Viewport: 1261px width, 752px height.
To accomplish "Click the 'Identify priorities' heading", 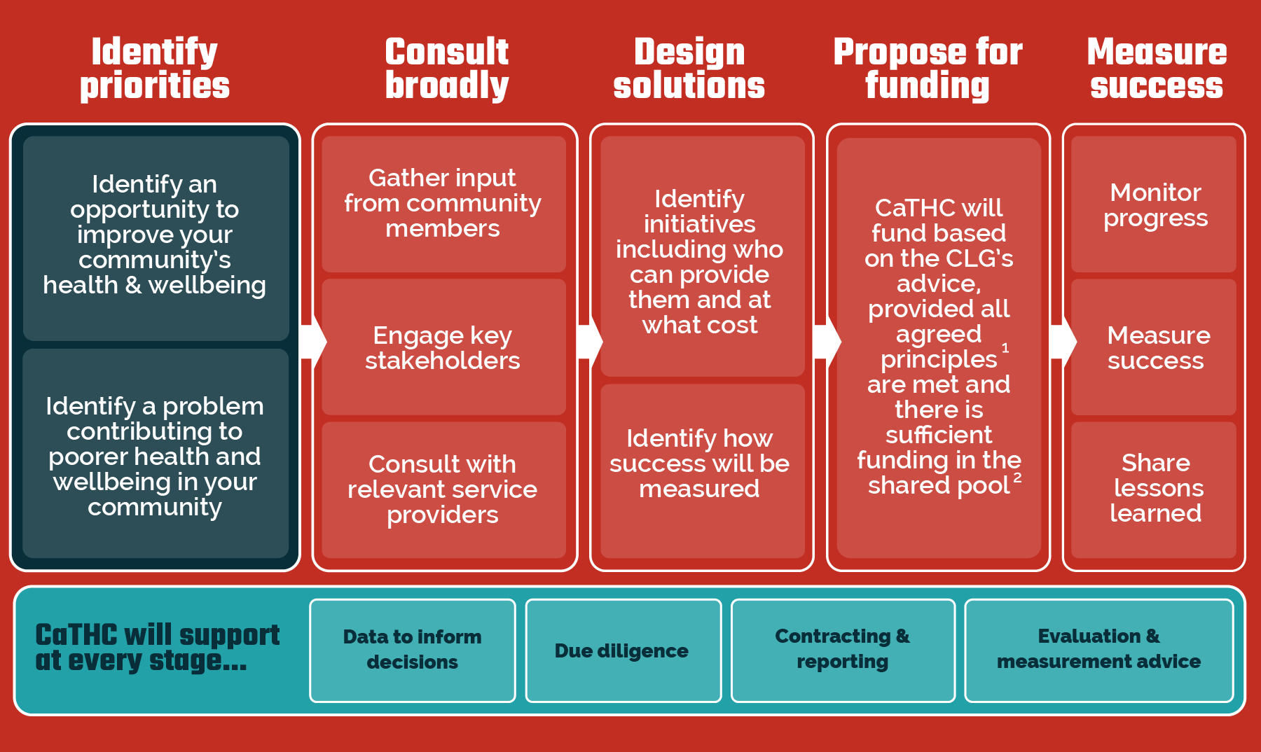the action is click(x=155, y=69).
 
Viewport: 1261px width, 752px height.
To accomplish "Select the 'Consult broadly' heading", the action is click(x=447, y=69).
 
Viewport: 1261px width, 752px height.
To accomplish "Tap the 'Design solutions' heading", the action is click(x=689, y=69).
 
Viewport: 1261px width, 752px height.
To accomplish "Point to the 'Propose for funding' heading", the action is click(x=928, y=69).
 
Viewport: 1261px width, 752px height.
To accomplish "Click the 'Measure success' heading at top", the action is click(x=1157, y=69).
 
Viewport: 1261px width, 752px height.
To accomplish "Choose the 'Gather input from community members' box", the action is click(x=443, y=204).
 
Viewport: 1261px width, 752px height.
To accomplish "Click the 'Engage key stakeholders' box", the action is click(x=443, y=347).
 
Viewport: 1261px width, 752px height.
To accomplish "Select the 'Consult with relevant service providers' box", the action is click(x=443, y=489).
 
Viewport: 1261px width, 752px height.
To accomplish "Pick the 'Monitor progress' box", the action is click(x=1154, y=204).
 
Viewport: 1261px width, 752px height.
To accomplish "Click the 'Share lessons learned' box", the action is click(x=1154, y=489).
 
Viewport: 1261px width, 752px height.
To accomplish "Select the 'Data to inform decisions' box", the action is click(x=413, y=650).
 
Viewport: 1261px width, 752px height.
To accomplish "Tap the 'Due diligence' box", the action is click(x=623, y=650).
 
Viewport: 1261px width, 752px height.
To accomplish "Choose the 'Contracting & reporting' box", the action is click(x=843, y=650).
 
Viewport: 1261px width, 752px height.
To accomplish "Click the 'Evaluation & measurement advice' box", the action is click(x=1098, y=650).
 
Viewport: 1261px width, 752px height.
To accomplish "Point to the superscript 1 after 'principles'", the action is click(x=1005, y=348).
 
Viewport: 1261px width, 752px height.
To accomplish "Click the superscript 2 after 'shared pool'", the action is click(x=1017, y=477).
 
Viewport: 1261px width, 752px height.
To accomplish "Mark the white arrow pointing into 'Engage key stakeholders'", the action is click(x=312, y=342).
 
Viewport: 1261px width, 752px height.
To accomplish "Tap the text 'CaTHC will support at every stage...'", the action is click(x=158, y=648).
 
